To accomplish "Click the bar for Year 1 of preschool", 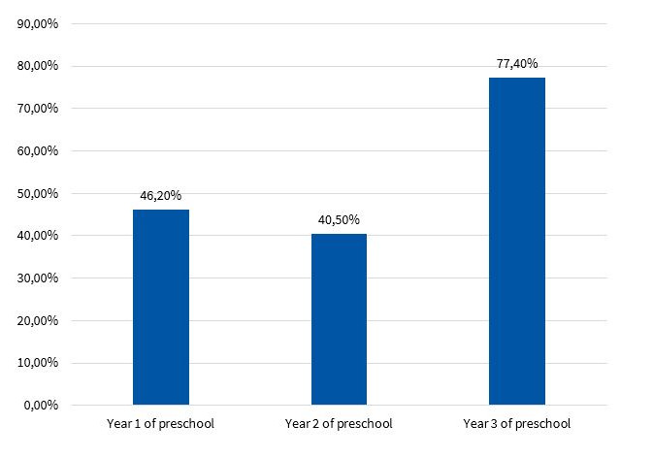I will point(161,307).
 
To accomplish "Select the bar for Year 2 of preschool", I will point(339,319).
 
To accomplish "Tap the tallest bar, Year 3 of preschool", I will point(516,241).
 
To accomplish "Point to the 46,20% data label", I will point(161,195).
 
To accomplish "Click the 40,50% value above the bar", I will point(339,219).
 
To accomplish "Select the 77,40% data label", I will point(516,63).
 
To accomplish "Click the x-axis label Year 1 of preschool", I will point(161,424).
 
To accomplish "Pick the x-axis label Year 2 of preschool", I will point(339,424).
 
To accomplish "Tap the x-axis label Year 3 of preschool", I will point(516,424).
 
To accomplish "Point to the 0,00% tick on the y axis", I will point(40,406).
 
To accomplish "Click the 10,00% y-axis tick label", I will point(37,363).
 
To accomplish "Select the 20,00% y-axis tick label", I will point(37,320).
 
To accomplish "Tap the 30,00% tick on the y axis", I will point(37,278).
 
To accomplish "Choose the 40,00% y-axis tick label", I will point(37,236).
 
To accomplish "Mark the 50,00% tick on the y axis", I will point(37,193).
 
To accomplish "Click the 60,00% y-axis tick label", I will point(37,151).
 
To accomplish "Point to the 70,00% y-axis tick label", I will point(37,109).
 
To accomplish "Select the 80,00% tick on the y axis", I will point(37,66).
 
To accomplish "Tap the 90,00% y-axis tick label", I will point(37,24).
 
